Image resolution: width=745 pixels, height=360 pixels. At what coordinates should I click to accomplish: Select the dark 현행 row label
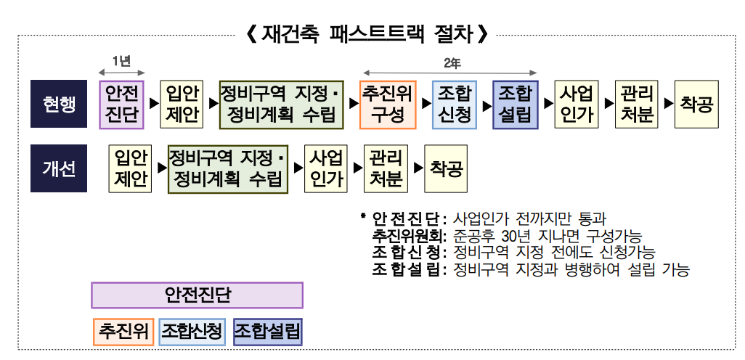59,105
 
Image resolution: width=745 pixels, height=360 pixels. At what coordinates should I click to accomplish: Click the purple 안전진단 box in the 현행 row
122,105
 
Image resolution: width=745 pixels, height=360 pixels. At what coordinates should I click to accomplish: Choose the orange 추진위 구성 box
388,105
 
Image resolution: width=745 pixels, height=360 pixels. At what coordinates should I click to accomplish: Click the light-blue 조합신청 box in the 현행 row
455,105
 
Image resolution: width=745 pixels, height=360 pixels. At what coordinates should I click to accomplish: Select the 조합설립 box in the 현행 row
515,105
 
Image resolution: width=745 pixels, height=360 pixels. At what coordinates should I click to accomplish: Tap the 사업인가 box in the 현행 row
577,105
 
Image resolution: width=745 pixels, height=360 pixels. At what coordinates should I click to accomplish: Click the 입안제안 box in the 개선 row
131,168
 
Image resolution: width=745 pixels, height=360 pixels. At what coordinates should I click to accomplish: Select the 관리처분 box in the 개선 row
386,168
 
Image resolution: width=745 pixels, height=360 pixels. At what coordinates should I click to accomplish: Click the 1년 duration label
121,61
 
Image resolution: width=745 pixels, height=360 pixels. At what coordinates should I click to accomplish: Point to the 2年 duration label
451,62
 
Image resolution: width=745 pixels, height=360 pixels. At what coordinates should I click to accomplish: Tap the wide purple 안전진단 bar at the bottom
197,295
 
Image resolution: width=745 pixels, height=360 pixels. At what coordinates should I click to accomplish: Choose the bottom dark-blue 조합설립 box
268,332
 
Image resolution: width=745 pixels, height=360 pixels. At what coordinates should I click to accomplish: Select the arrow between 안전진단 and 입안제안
152,105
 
